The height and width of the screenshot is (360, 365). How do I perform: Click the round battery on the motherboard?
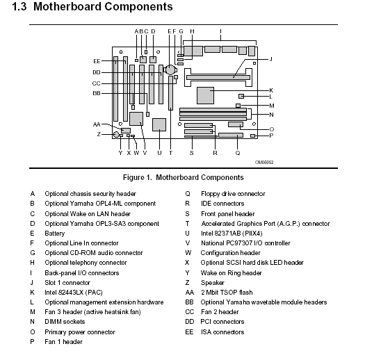pos(170,69)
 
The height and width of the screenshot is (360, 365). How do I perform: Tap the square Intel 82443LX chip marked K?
pos(205,95)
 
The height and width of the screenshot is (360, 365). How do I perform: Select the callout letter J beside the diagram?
pos(270,59)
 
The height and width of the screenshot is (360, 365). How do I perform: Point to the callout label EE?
pos(97,61)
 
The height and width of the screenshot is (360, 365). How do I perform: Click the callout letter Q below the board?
pos(238,153)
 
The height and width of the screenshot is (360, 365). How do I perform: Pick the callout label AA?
pos(97,124)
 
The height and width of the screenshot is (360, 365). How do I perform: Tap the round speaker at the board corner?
pos(116,134)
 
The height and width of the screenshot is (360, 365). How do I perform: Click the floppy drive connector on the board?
pos(231,136)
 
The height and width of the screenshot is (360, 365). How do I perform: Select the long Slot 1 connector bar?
pos(218,77)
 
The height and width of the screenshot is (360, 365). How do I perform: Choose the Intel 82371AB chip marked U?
pos(159,124)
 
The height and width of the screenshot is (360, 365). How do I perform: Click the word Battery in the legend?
pos(55,234)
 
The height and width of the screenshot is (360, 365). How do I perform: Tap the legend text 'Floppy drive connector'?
pos(233,194)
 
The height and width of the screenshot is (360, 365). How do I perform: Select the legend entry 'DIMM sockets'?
pos(65,322)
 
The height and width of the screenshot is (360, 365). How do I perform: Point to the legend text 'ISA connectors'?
pos(222,332)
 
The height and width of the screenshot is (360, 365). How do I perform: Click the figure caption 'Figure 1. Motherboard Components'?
pos(184,177)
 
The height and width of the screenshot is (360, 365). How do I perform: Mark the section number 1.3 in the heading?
pos(19,6)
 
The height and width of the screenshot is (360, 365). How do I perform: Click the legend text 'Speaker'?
pos(213,283)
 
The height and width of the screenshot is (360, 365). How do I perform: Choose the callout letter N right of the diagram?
pos(271,115)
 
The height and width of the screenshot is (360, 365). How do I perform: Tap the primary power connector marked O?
pos(236,124)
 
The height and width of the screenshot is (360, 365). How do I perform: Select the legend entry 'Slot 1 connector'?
pos(67,282)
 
